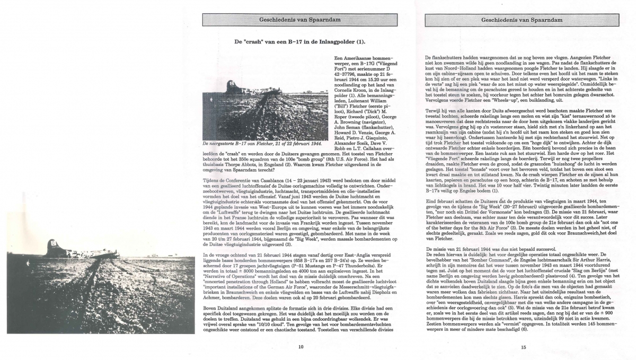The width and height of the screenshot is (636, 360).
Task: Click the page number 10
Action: coord(301,347)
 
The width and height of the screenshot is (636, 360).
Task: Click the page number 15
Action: coord(523,347)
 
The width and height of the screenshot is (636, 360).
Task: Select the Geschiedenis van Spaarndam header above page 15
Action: coord(522,20)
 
